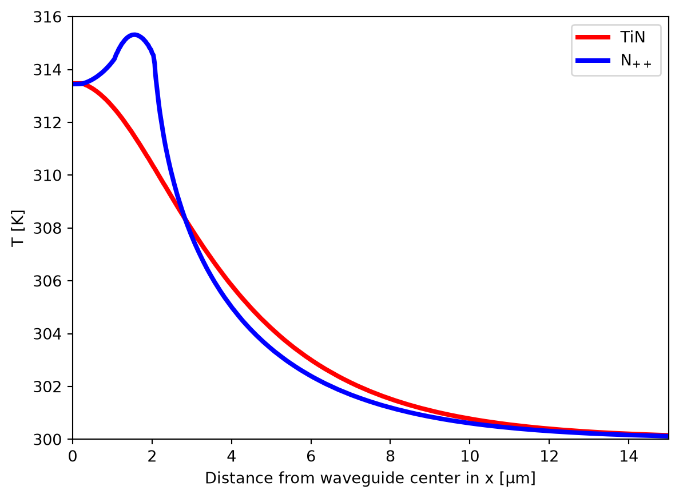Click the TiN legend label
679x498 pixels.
coord(632,37)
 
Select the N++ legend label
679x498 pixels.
coord(636,61)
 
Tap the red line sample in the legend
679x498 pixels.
coord(593,37)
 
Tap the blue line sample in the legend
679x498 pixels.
coord(593,61)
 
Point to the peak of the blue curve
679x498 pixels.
coord(134,35)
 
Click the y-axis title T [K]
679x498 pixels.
coord(18,228)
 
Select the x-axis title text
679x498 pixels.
coord(370,478)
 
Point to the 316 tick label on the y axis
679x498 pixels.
coord(47,17)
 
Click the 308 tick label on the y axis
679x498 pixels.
coord(47,229)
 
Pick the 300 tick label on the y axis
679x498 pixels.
coord(47,440)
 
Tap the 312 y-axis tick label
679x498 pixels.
coord(47,123)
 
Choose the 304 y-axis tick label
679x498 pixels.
coord(47,334)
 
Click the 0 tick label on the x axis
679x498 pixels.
coord(73,456)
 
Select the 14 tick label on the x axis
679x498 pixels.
coord(629,456)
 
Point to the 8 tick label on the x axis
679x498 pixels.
coord(391,456)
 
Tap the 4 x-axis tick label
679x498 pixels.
coord(232,456)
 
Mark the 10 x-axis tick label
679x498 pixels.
coord(470,456)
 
